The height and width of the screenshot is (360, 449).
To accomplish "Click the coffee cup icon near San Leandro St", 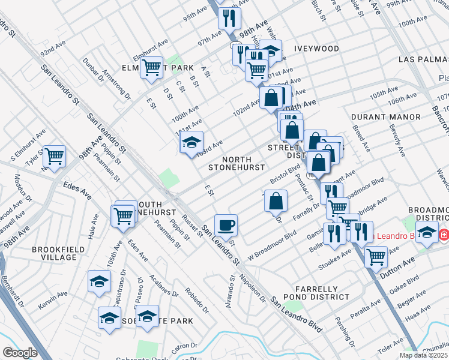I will point(226,225).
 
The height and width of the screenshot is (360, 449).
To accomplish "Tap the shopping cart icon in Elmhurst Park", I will point(151,68).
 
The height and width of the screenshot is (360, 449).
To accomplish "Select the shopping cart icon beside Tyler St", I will point(55,156).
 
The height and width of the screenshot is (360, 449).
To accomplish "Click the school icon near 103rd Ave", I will point(191,142).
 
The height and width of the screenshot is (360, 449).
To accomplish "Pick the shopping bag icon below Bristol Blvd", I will point(276,201).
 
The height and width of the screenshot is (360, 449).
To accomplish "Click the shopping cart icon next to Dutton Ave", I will point(376,256).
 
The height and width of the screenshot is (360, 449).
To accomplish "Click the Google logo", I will point(20,353).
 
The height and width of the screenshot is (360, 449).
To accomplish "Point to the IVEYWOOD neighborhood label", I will point(317,48).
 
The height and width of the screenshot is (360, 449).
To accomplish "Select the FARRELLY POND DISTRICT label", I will point(322,293).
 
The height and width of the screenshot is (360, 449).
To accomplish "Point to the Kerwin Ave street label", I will point(55,298).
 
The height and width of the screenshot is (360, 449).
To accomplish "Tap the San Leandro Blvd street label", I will point(295,314).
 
